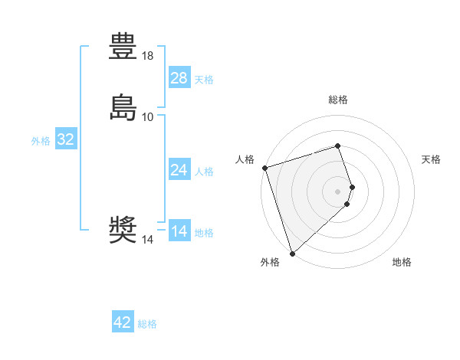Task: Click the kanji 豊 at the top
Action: coord(123,46)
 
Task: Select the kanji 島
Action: coord(123,107)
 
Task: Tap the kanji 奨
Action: coord(123,230)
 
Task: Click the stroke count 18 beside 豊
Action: coord(148,56)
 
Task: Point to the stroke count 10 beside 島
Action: coord(148,117)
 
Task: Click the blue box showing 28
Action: coord(179,78)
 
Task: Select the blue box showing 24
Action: coord(179,170)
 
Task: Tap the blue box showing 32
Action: coord(66,139)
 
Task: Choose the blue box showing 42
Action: coord(123,322)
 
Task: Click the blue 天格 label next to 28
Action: coord(204,80)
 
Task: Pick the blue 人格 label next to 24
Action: coord(204,172)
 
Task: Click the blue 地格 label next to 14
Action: coord(204,233)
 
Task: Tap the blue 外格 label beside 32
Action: coord(41,141)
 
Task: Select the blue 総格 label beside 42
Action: coord(147,324)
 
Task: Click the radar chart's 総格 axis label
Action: coord(338,100)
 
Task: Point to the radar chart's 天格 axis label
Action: coord(432,159)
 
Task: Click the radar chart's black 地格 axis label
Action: coord(402,262)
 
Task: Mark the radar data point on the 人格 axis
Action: coord(264,167)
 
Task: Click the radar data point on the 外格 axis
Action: coord(292,253)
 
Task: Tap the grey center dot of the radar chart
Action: coord(338,191)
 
